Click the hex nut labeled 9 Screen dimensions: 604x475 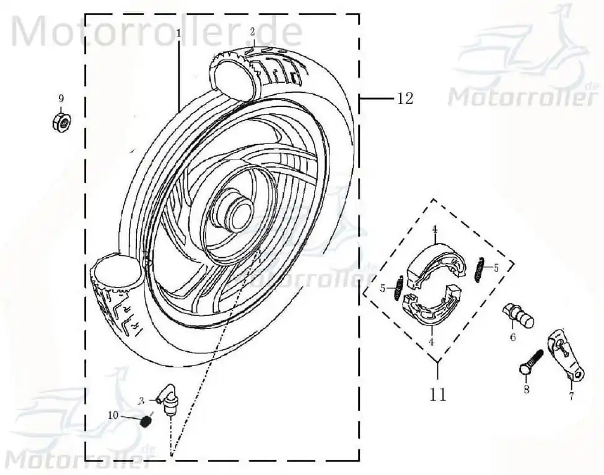[x=61, y=122]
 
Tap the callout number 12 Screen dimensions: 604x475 [x=405, y=98]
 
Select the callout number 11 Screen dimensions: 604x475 [x=437, y=394]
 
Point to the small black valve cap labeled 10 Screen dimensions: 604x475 [x=145, y=422]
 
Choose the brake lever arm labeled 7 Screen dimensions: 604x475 [x=566, y=353]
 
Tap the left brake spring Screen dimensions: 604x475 [x=399, y=288]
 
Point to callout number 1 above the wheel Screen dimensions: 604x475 [x=178, y=34]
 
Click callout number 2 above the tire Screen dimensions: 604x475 [x=252, y=32]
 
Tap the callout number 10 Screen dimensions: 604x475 [x=113, y=415]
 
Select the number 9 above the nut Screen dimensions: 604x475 [x=61, y=99]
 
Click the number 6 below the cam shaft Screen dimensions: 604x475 [x=513, y=337]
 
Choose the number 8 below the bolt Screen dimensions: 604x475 [x=526, y=389]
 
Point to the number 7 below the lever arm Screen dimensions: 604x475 [x=571, y=395]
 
